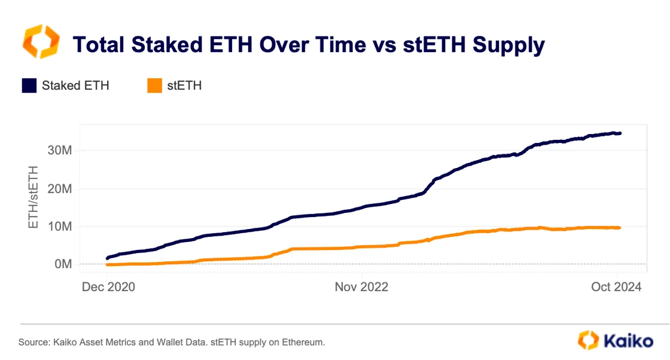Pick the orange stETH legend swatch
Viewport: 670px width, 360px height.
click(x=154, y=86)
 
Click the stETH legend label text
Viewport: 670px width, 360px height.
click(x=184, y=86)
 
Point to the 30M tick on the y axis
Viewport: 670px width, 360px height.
click(x=60, y=150)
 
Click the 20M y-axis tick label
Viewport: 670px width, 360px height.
click(x=60, y=188)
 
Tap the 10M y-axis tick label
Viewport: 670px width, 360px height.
click(x=60, y=226)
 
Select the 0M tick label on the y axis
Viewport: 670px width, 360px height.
click(x=63, y=264)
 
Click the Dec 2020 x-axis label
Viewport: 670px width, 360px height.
click(x=108, y=287)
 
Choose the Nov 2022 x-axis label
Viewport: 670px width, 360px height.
click(x=361, y=287)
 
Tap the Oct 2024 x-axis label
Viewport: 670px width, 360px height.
click(x=616, y=287)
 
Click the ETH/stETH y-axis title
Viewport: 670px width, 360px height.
click(x=34, y=188)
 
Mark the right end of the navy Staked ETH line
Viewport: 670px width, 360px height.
click(x=619, y=133)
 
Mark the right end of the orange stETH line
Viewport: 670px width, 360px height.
click(x=619, y=228)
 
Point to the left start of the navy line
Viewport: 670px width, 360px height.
click(x=108, y=258)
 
